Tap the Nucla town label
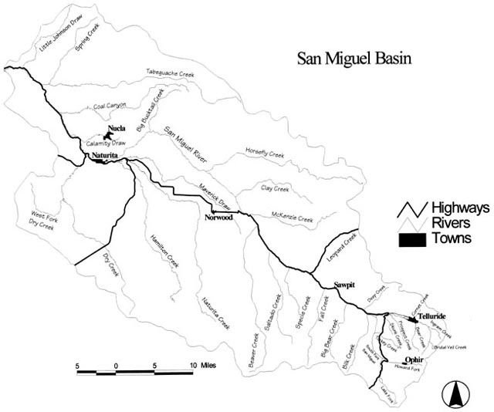pos(117,128)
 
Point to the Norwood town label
pos(218,218)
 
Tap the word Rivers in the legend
pos(450,224)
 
